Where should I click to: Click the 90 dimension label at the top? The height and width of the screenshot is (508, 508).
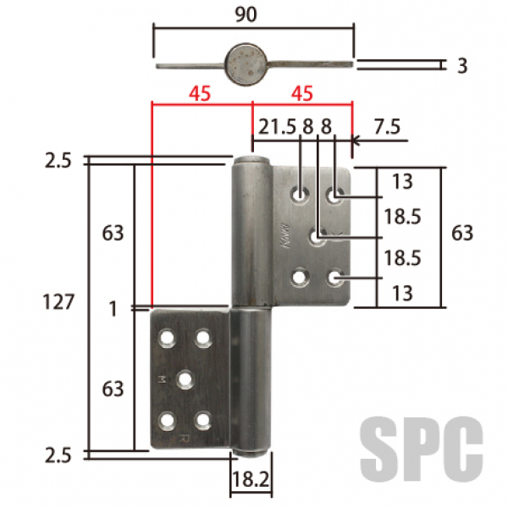pyautogui.click(x=246, y=15)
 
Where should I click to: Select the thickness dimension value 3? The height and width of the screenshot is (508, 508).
pyautogui.click(x=462, y=66)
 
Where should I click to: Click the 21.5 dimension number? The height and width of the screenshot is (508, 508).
pyautogui.click(x=278, y=126)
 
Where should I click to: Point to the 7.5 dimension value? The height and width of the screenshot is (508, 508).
pyautogui.click(x=387, y=126)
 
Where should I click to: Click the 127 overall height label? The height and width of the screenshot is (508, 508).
pyautogui.click(x=58, y=302)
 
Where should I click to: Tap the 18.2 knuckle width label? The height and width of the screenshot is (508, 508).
pyautogui.click(x=251, y=479)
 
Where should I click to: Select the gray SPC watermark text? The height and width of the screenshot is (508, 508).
pyautogui.click(x=421, y=450)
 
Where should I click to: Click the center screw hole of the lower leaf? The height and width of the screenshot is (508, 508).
pyautogui.click(x=185, y=379)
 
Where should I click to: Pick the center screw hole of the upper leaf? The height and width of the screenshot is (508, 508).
pyautogui.click(x=317, y=238)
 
